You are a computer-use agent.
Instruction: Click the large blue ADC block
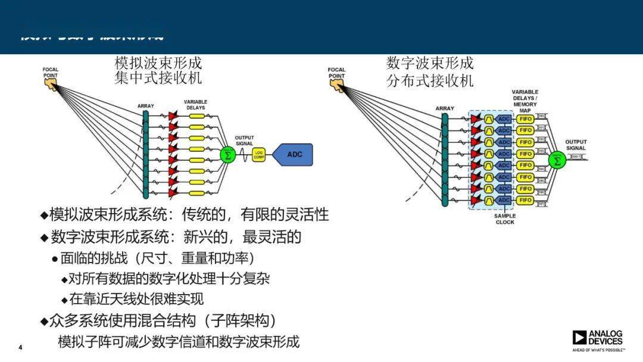[294, 155]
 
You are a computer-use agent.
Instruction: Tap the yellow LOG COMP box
[258, 155]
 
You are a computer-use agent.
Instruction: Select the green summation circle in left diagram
[227, 155]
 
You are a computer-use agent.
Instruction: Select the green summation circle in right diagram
[557, 160]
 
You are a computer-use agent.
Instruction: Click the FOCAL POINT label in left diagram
[51, 73]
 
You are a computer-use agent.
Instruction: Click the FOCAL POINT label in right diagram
[336, 73]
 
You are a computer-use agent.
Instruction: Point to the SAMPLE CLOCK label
[505, 219]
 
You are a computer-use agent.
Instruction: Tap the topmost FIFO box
[525, 118]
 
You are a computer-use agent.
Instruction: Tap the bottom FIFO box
[525, 200]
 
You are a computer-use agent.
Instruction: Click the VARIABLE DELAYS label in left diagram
[195, 105]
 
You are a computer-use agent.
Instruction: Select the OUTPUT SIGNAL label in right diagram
[576, 145]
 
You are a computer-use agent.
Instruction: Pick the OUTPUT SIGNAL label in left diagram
[244, 141]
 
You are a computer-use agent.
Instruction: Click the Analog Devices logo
[598, 338]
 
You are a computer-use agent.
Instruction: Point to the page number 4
[20, 347]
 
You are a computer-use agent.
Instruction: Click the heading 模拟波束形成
[158, 63]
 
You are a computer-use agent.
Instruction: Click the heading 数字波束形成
[429, 63]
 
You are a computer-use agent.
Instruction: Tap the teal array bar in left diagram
[145, 155]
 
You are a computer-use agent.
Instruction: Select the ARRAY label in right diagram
[445, 108]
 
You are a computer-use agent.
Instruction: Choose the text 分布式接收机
[429, 80]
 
